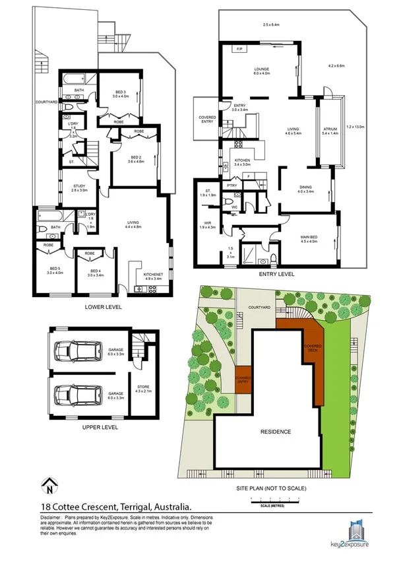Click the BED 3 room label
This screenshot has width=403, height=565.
pos(119,92)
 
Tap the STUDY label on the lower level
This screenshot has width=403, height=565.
pos(80,187)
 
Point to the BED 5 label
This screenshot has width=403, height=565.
pos(55,269)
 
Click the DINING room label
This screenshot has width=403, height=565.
pos(305,188)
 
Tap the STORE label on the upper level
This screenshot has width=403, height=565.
pos(143,389)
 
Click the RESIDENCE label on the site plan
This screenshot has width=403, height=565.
pos(275,432)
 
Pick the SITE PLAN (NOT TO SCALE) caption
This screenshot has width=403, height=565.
pos(271,489)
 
